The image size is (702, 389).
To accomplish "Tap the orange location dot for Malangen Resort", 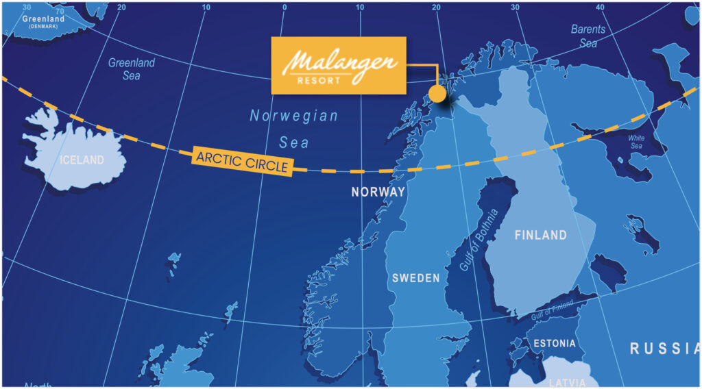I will point(437,93).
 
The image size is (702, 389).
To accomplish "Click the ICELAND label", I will point(82,160).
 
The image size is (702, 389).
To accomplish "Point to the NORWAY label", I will point(378,192).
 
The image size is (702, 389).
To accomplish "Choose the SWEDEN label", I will point(415,278).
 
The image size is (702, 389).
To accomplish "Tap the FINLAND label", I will point(541,235).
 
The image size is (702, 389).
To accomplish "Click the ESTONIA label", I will point(554,343).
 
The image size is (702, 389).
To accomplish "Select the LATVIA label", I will point(567,381).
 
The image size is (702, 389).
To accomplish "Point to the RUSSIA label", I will point(664,349).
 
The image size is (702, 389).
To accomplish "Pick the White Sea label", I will point(637,142).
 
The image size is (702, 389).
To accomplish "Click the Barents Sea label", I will point(588,36).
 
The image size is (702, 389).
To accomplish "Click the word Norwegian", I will point(293,116).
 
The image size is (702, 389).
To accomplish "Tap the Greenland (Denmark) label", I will point(43,21).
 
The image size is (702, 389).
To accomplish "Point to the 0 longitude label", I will point(284,8).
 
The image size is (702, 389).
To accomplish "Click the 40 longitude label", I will point(599,8).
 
